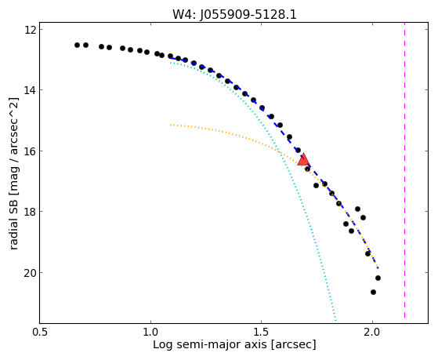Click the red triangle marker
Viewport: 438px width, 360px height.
(304, 160)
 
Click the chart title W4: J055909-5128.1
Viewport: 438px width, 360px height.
(234, 14)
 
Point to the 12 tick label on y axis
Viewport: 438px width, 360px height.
(31, 30)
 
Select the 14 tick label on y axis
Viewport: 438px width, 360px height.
(31, 90)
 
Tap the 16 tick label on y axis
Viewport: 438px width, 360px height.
(31, 151)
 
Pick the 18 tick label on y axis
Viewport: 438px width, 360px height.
(31, 212)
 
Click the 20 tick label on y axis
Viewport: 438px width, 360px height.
(31, 272)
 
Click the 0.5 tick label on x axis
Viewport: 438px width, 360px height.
(40, 333)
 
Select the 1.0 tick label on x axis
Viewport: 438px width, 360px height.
(151, 333)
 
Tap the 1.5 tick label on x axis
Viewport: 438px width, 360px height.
(261, 333)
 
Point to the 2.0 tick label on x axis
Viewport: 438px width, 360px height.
(372, 333)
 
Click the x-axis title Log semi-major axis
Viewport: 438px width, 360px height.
(210, 345)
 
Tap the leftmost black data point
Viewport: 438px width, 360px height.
(77, 45)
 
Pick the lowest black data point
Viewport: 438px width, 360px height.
(373, 292)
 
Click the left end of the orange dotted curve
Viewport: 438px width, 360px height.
(171, 125)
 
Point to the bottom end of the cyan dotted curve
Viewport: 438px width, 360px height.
(336, 321)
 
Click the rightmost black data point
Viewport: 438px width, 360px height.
(378, 278)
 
